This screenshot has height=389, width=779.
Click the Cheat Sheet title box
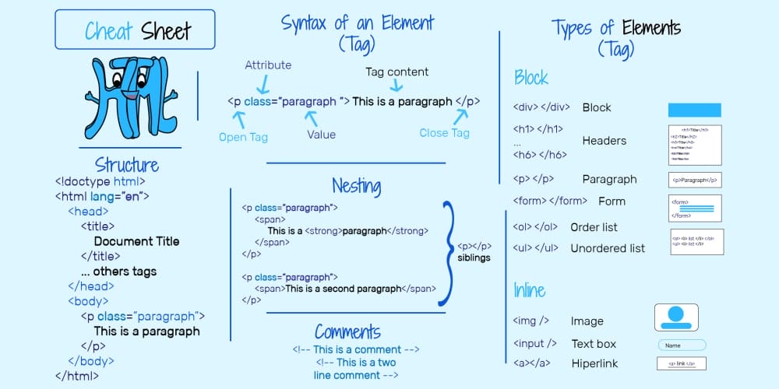[135, 30]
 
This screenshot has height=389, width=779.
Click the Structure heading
[127, 165]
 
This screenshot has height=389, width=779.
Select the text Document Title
[136, 241]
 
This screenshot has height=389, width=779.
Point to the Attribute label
[268, 65]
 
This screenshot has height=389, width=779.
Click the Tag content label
[397, 72]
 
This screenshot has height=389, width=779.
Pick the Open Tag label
[243, 137]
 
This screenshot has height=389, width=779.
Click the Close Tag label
[444, 133]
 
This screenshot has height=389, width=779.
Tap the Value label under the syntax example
[321, 135]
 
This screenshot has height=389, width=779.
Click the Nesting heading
[356, 186]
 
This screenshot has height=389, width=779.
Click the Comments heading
[347, 332]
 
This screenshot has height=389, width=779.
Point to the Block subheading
[531, 78]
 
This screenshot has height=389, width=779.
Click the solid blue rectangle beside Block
[695, 110]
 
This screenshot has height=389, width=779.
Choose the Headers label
[605, 141]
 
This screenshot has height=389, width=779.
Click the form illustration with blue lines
[695, 209]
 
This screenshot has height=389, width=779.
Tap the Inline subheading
[530, 290]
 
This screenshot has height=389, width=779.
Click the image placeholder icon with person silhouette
[676, 317]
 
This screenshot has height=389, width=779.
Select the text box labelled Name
[682, 345]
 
